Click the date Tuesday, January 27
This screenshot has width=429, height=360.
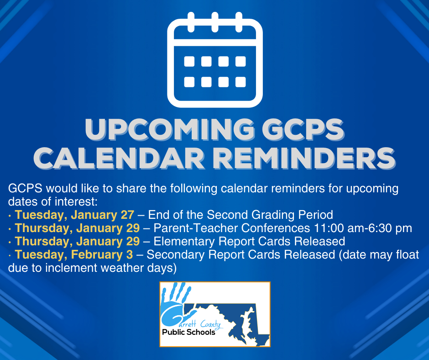(74, 215)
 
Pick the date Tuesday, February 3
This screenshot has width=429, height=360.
(74, 254)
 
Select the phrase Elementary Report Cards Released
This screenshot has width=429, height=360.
(249, 241)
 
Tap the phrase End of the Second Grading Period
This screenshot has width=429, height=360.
(241, 215)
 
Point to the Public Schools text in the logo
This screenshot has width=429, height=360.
(188, 332)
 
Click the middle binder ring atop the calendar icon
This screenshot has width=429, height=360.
(214, 21)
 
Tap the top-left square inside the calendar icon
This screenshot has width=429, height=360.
(188, 62)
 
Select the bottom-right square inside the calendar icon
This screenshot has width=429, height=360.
(241, 82)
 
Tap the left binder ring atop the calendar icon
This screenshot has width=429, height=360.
(191, 21)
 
